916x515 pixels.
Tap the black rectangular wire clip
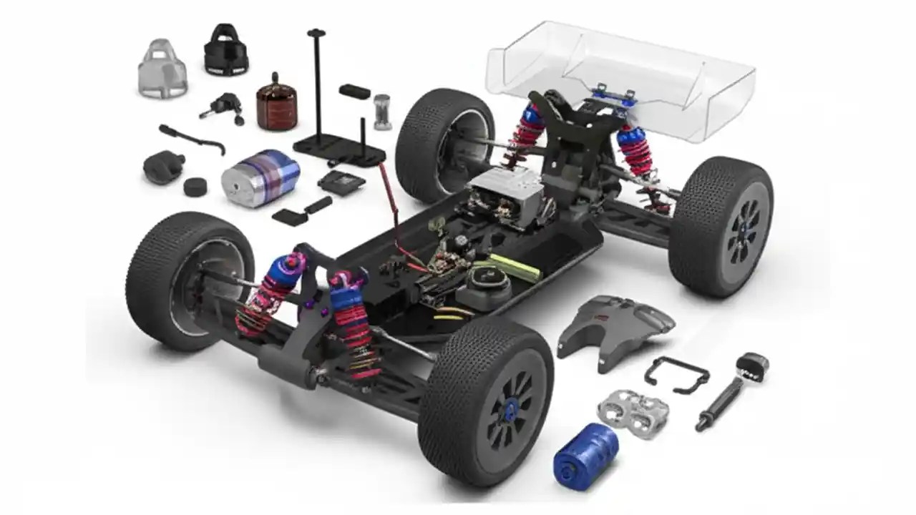click(x=676, y=373)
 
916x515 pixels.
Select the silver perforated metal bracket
click(x=633, y=414)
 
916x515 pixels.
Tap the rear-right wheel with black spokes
click(x=723, y=225)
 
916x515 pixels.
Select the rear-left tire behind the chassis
click(x=444, y=143)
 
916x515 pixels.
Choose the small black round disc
click(x=194, y=187)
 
